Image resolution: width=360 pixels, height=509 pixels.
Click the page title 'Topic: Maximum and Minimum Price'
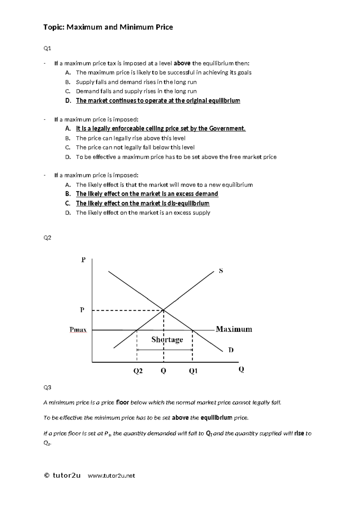tap(108, 27)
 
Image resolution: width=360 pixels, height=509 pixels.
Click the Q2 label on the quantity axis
tap(138, 371)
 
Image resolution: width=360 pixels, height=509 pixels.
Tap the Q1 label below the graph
tap(193, 371)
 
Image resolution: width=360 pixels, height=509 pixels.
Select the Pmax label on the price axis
tap(78, 330)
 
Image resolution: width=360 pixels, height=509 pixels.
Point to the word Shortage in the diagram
tap(167, 339)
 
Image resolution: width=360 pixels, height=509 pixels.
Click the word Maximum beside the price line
tap(234, 329)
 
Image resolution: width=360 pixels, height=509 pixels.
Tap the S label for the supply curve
tap(221, 271)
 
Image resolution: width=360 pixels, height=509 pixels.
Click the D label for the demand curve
tap(231, 350)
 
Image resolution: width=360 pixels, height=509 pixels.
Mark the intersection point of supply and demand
tap(163, 310)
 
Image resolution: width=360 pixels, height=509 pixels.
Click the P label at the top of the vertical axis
tap(83, 260)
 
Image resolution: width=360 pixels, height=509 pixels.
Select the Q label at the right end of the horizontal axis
tap(241, 369)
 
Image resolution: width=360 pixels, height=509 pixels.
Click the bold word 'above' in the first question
tap(182, 63)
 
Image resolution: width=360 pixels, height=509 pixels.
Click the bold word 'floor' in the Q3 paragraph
tap(122, 402)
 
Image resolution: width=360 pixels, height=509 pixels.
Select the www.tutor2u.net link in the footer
tap(111, 476)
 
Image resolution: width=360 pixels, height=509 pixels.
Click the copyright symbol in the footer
tap(46, 475)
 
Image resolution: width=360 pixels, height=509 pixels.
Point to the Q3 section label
tap(47, 387)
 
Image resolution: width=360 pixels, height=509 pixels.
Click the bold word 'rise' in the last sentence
tap(299, 433)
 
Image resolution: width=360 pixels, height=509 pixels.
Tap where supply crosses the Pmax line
tap(137, 330)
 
